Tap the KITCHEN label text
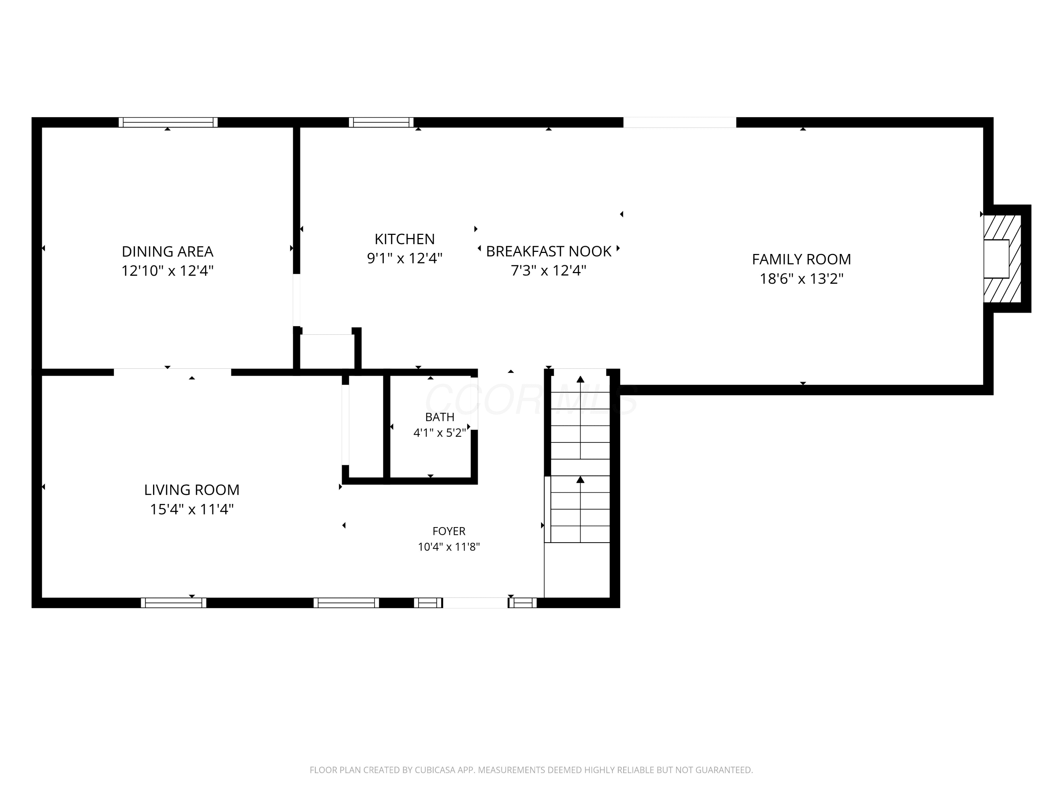(405, 239)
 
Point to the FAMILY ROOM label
(802, 259)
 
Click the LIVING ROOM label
(192, 490)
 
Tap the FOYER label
(449, 531)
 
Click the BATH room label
(440, 417)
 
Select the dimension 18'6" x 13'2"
(802, 279)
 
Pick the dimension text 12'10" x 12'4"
(167, 271)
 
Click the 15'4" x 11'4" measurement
(192, 509)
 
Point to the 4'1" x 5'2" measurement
(440, 433)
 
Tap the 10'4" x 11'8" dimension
(449, 547)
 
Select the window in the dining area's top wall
(168, 122)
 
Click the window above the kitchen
(381, 122)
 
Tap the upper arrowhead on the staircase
(580, 379)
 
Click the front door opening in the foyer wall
(475, 603)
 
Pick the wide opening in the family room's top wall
(680, 122)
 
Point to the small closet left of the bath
(366, 426)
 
